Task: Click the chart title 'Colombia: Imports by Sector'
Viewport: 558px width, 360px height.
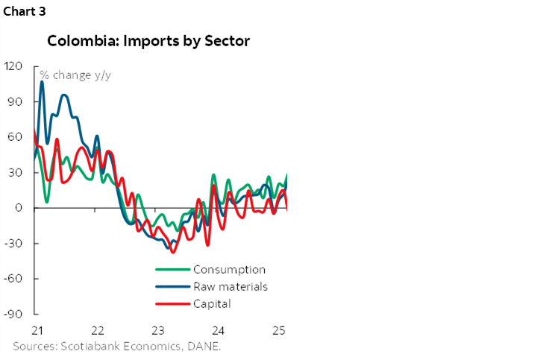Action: click(148, 41)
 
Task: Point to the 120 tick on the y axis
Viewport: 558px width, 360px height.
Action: click(13, 66)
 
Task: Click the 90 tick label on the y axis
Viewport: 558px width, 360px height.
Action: click(16, 101)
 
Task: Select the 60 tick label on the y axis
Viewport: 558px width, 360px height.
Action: click(16, 137)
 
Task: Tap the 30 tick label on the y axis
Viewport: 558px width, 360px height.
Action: click(16, 172)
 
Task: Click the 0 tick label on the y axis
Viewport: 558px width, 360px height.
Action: click(19, 208)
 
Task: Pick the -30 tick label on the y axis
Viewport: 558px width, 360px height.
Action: click(13, 243)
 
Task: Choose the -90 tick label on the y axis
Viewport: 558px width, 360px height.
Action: click(13, 314)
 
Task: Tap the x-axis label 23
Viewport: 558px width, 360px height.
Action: click(157, 330)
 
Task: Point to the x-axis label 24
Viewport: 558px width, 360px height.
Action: click(219, 330)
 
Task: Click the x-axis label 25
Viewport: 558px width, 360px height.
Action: click(278, 330)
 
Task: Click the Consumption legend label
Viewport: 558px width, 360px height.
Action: click(229, 270)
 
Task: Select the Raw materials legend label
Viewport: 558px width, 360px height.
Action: click(230, 287)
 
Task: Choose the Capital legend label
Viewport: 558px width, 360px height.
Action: click(212, 303)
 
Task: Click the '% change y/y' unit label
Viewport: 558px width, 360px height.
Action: click(73, 75)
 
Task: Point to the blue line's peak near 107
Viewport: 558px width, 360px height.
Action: click(42, 81)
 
